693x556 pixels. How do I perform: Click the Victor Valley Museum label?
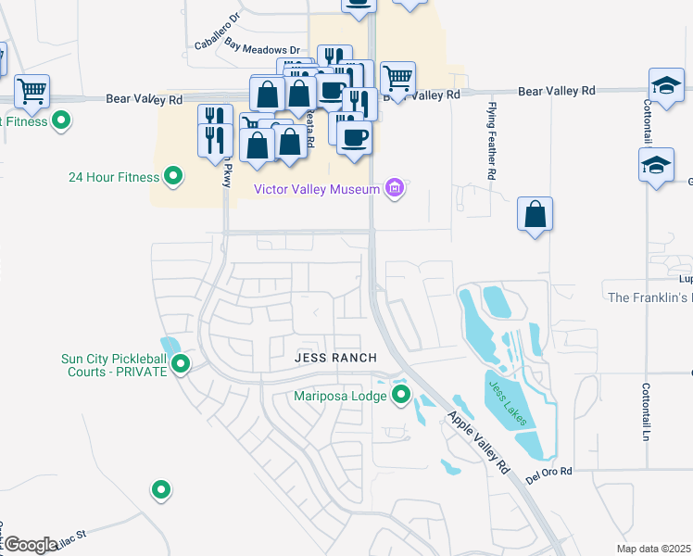[x=318, y=189]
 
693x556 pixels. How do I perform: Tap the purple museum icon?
[x=395, y=189]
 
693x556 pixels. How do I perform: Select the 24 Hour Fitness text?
[x=114, y=175]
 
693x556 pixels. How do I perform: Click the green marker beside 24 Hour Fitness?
[x=172, y=175]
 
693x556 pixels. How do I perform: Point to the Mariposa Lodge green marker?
[x=401, y=396]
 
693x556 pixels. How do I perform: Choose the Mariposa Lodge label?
[x=339, y=396]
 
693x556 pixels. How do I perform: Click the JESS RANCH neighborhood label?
[x=335, y=358]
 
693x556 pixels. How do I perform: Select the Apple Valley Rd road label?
[x=480, y=443]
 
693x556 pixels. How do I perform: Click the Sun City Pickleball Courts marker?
[x=182, y=364]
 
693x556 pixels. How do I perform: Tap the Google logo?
[x=31, y=545]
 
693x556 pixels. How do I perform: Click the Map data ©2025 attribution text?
[x=654, y=549]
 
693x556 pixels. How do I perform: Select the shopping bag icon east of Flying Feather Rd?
[x=535, y=215]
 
